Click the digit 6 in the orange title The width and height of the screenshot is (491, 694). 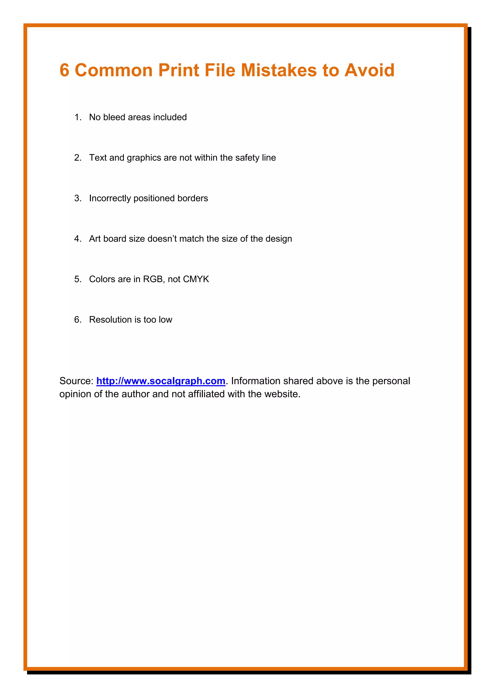[64, 70]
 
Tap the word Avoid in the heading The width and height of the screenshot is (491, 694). [369, 70]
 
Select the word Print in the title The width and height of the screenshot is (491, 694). [178, 70]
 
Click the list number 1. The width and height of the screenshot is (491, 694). [77, 117]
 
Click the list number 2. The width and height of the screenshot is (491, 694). [77, 158]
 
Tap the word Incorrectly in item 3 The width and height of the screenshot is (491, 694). [110, 198]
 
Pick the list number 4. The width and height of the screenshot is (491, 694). [77, 239]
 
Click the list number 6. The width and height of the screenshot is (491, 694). [77, 320]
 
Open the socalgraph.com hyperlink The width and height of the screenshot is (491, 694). [161, 381]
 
